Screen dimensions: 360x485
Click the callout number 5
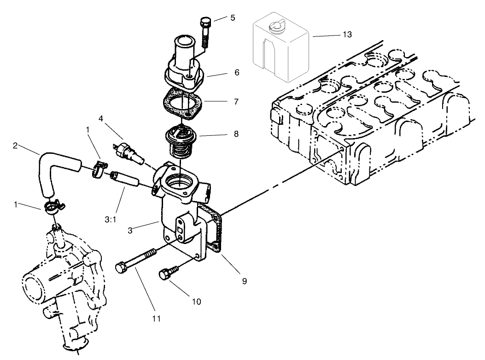233,18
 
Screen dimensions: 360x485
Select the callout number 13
347,35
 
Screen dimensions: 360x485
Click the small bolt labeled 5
205,31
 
